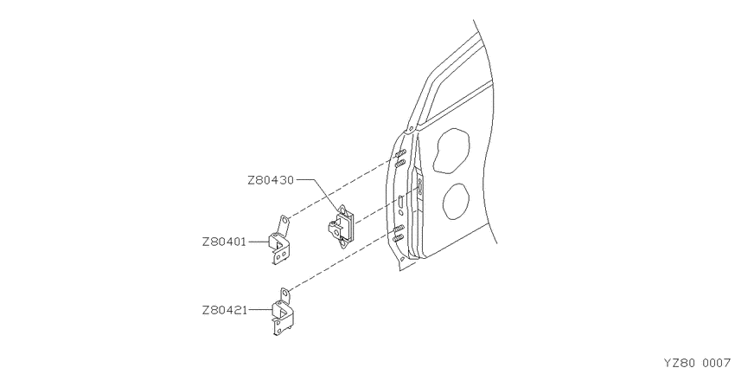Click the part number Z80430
[271, 180]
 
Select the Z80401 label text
[224, 242]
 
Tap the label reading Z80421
[224, 310]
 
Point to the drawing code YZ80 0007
[697, 363]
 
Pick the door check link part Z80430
[341, 226]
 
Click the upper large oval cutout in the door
[451, 149]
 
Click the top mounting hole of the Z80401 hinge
[284, 220]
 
